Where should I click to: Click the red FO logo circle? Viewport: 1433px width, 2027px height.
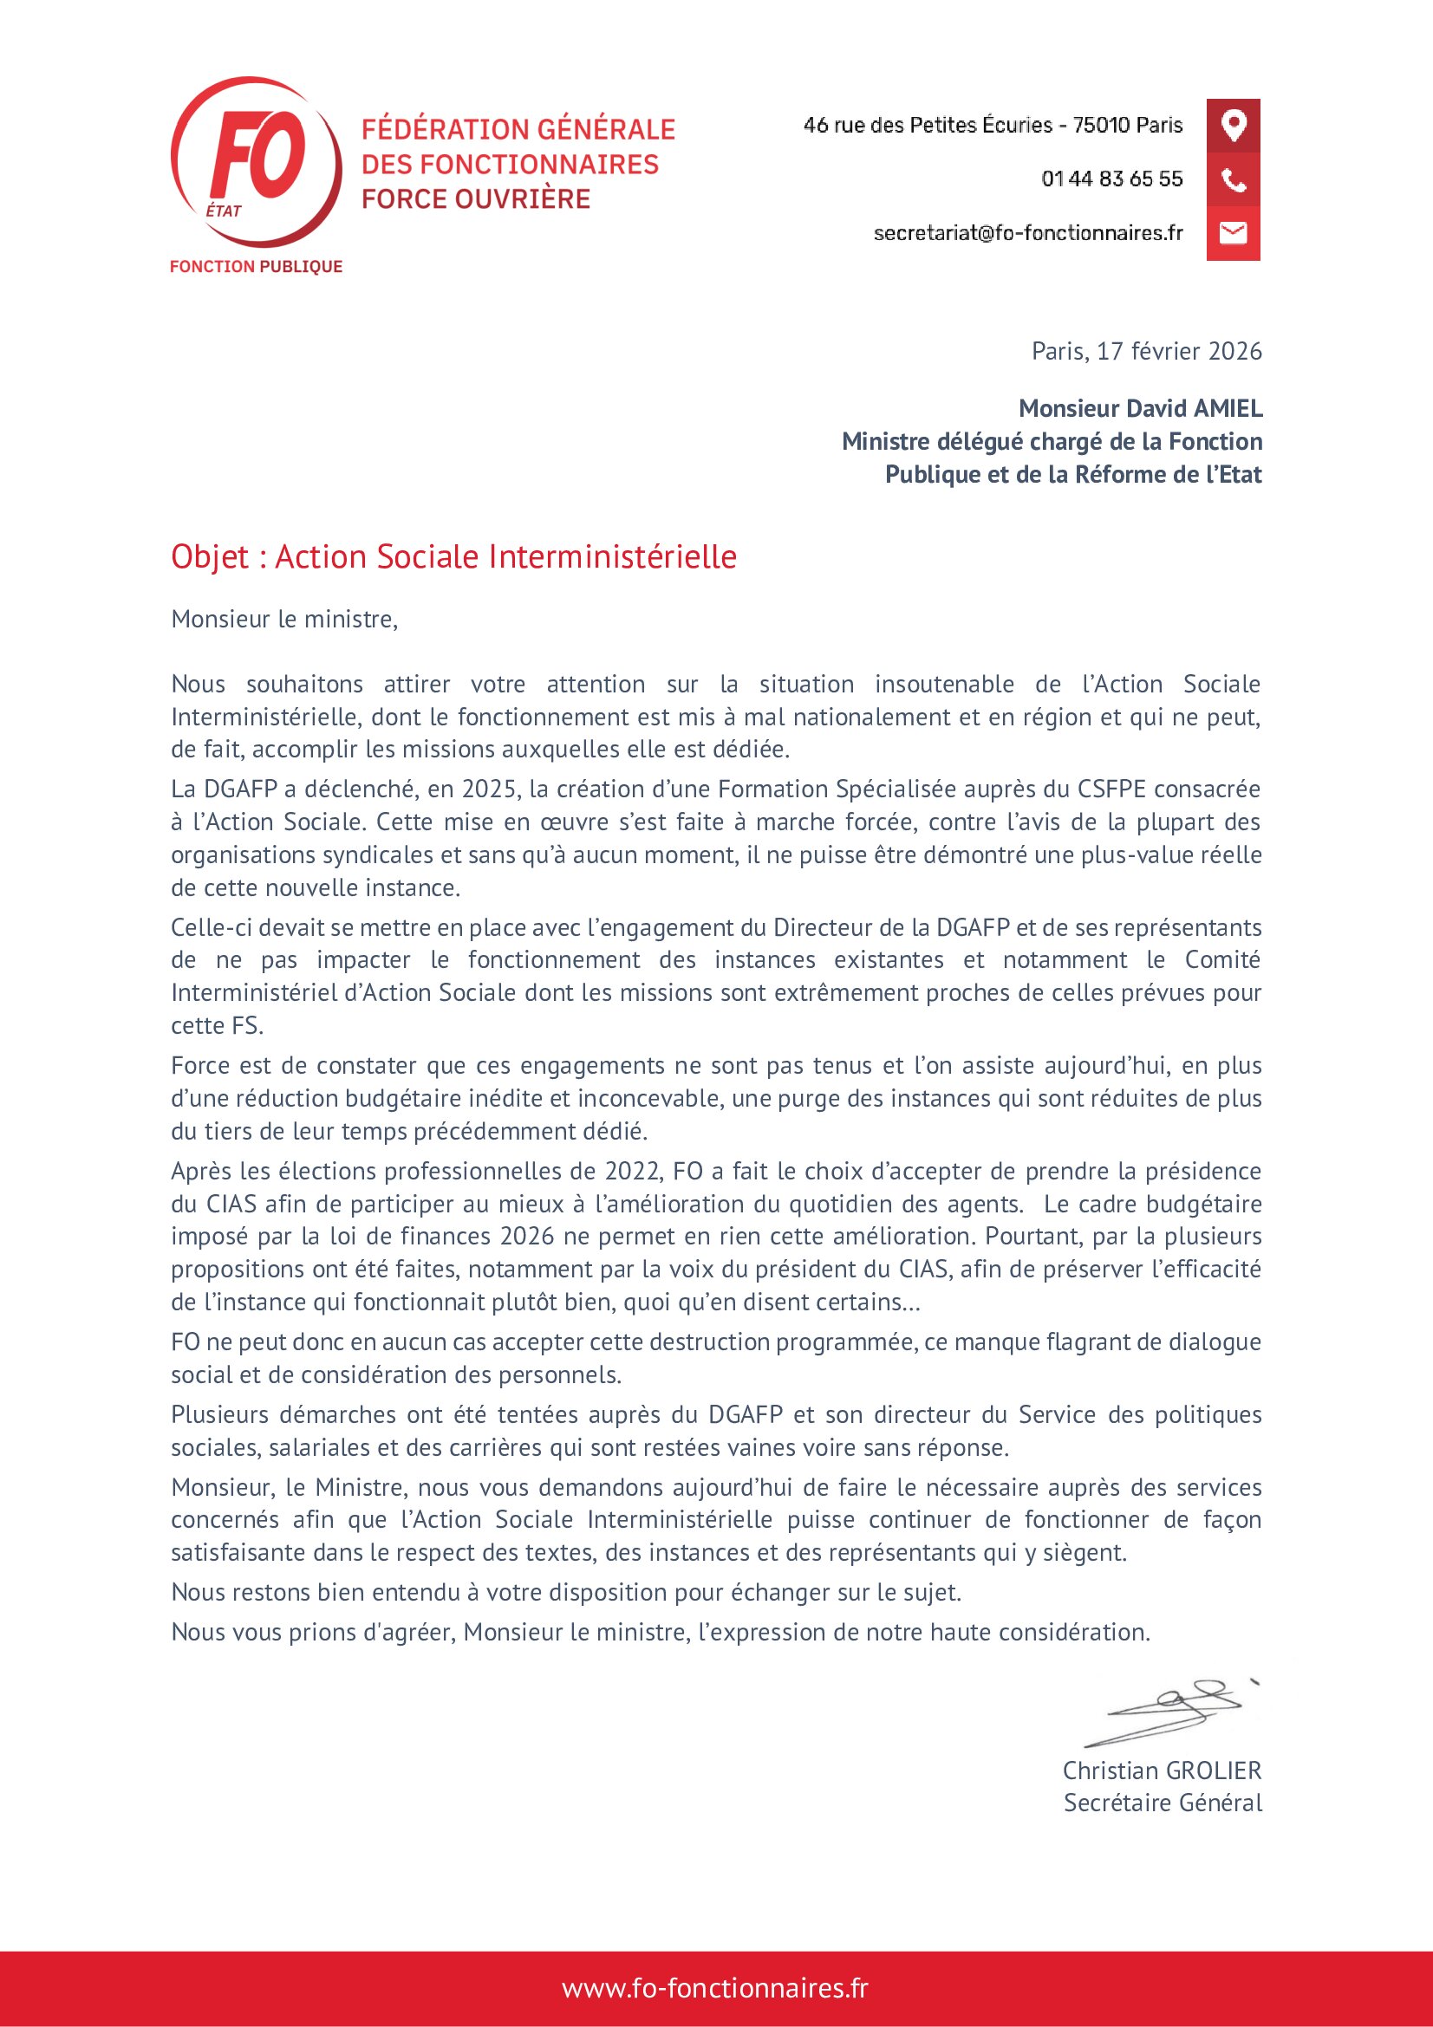256,160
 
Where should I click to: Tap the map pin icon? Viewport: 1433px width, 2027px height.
1233,126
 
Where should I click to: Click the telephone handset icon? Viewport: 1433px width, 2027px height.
1233,180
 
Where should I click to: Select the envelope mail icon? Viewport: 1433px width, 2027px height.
1233,233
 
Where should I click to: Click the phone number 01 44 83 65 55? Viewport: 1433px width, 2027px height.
1111,179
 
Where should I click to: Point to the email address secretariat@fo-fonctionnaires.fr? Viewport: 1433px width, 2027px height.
1028,233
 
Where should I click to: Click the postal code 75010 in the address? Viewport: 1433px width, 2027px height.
1100,126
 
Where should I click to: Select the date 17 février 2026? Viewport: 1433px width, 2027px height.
1179,351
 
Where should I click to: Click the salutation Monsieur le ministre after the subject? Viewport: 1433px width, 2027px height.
284,620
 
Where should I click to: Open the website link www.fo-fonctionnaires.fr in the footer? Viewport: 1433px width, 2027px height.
715,1989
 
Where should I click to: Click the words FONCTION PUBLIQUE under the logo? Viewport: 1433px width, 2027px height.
256,267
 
